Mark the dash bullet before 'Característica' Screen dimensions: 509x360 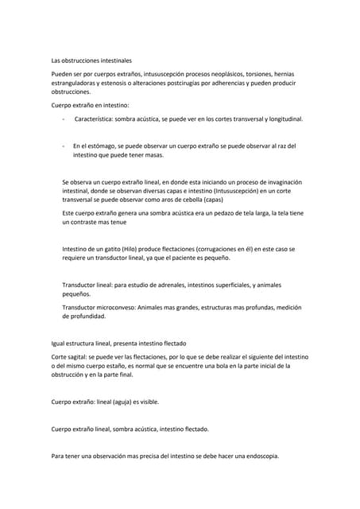click(63, 119)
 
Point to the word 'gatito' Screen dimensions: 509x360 click(113, 249)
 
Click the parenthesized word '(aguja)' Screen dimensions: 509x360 click(119, 402)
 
